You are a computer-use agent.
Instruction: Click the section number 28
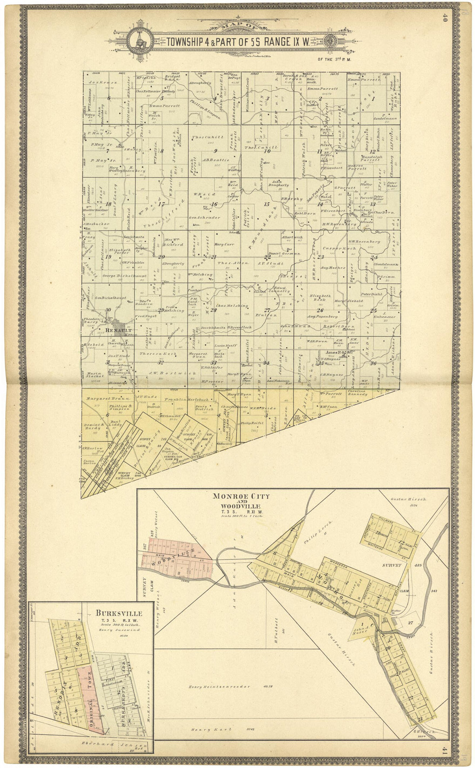(213, 310)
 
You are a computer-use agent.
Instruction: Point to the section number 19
(108, 257)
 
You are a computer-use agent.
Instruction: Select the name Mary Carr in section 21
(224, 244)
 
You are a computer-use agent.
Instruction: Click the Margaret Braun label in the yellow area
(102, 398)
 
